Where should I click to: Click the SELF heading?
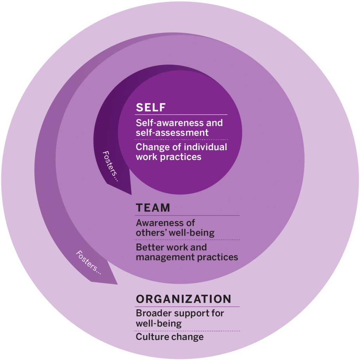(x=150, y=107)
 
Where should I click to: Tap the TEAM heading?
(x=153, y=208)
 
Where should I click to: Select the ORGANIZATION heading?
(x=184, y=299)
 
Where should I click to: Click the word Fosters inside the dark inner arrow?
(x=110, y=166)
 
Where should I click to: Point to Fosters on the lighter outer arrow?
(x=88, y=262)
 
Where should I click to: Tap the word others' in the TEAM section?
(x=150, y=233)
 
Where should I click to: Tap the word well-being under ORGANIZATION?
(x=159, y=323)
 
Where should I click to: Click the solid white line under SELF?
(x=181, y=115)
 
